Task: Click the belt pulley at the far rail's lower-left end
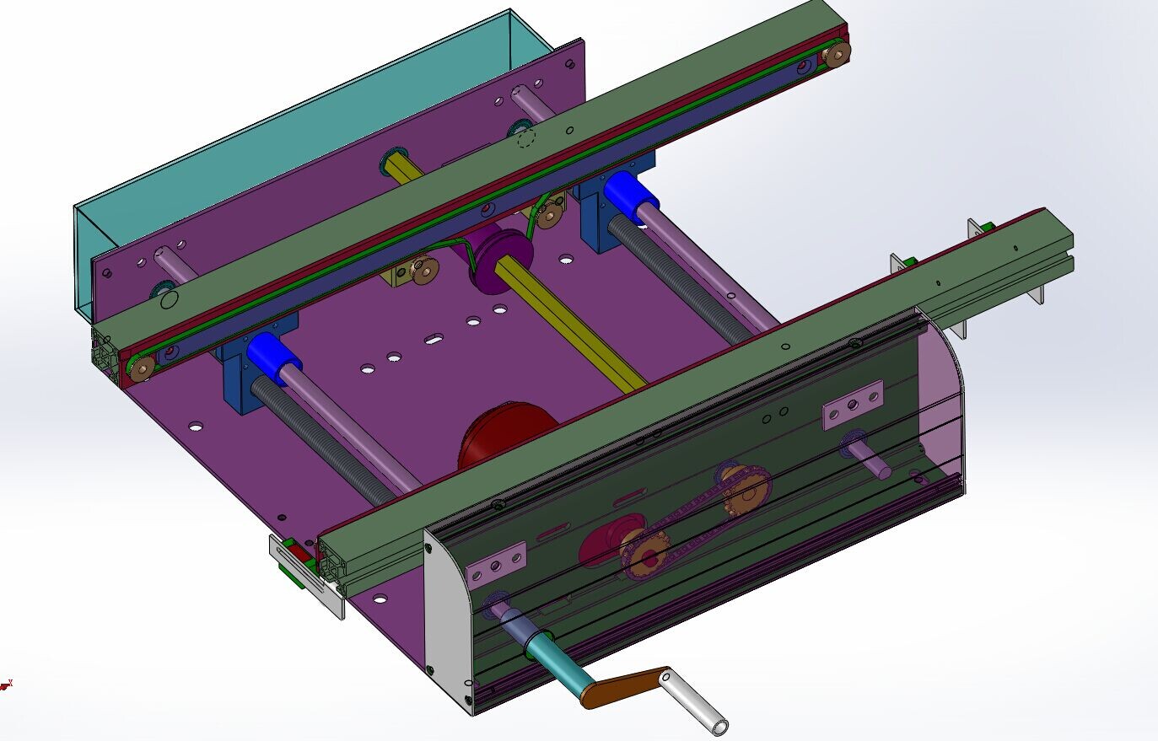[141, 368]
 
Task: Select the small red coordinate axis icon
[7, 685]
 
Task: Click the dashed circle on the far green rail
[526, 137]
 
